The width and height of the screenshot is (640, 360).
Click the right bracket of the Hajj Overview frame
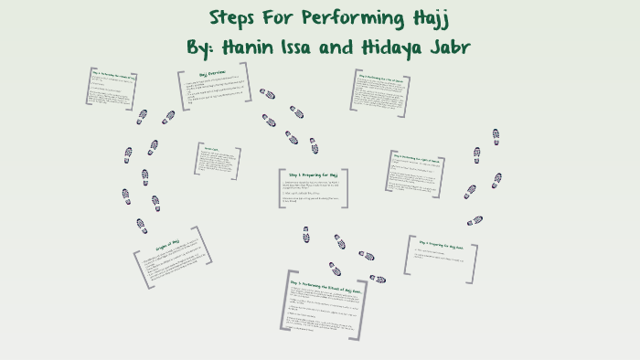click(247, 84)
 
